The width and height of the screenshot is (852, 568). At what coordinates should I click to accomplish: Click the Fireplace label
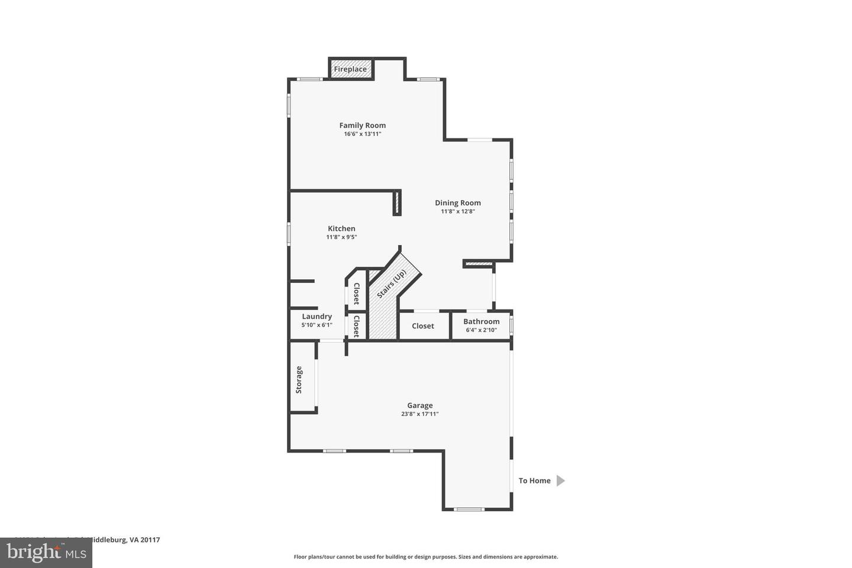click(x=350, y=69)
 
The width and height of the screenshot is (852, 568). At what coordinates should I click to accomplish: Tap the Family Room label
click(x=363, y=125)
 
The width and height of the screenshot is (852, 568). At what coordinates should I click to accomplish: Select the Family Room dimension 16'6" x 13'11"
click(x=363, y=134)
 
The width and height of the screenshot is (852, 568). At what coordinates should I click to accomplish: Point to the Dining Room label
click(x=458, y=203)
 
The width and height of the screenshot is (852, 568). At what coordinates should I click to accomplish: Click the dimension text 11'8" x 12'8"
click(x=458, y=212)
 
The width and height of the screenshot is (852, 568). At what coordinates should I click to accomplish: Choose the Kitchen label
click(x=341, y=229)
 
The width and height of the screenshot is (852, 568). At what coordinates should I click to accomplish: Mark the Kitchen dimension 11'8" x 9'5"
click(x=341, y=237)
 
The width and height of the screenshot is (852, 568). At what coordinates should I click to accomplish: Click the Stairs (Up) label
click(x=392, y=283)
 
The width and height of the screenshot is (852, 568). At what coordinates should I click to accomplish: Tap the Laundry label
click(x=317, y=317)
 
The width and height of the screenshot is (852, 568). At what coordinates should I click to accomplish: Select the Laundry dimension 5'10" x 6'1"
click(x=317, y=325)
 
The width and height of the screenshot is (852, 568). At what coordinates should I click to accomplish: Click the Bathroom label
click(x=482, y=322)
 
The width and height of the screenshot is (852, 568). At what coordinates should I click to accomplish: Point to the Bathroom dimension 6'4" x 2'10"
click(x=482, y=330)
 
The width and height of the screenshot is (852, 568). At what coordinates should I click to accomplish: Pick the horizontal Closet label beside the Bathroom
click(x=423, y=326)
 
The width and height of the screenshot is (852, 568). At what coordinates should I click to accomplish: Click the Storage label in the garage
click(x=299, y=380)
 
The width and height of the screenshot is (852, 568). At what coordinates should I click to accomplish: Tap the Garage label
click(x=420, y=406)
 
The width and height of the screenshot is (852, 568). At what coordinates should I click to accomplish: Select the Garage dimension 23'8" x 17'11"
click(x=420, y=414)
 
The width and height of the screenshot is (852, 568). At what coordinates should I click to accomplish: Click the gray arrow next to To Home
click(x=560, y=481)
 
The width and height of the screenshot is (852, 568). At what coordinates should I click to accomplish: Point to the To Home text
click(x=534, y=481)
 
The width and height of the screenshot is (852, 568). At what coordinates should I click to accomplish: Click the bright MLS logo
click(x=46, y=553)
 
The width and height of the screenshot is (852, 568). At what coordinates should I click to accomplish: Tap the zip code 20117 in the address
click(x=150, y=540)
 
